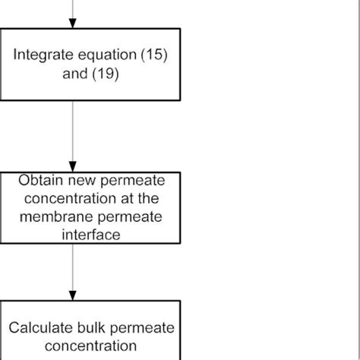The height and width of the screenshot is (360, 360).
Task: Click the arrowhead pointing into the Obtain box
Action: coord(73,169)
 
